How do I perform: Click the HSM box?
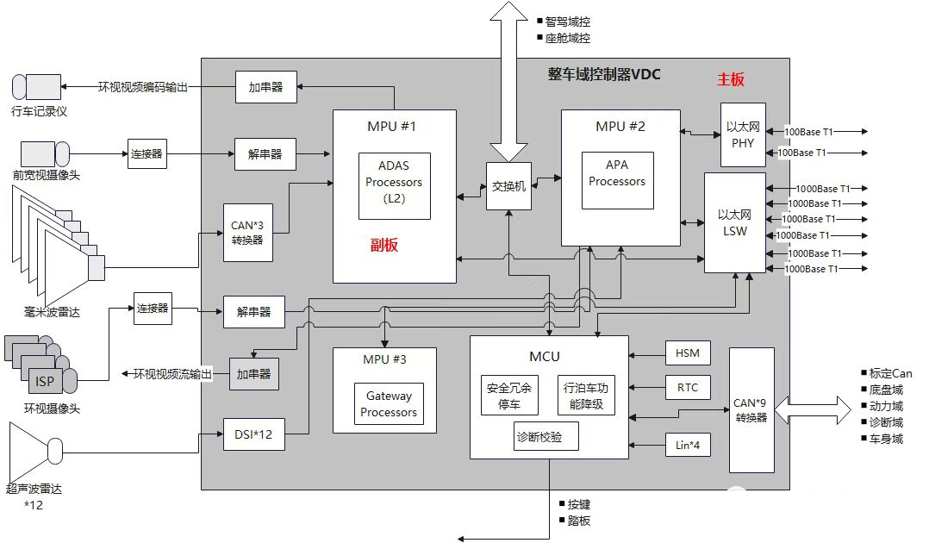tap(688, 353)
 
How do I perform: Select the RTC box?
tap(688, 387)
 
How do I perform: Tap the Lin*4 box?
tap(688, 445)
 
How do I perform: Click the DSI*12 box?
tap(253, 434)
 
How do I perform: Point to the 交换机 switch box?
tap(509, 186)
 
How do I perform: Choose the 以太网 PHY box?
tap(743, 135)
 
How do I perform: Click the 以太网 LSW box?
tap(734, 223)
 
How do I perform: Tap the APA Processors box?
tap(617, 180)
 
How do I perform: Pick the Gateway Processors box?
tap(389, 403)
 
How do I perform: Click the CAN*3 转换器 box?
tap(247, 233)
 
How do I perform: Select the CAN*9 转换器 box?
tap(751, 410)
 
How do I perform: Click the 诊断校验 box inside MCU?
tap(539, 437)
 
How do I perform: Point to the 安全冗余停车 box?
tap(509, 396)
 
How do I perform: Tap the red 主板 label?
tap(731, 79)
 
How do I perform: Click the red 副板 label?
tap(384, 245)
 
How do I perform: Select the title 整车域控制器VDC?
tap(604, 74)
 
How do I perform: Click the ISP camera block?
tap(45, 381)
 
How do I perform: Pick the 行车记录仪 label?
tap(39, 111)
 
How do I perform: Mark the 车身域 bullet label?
tap(886, 439)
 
